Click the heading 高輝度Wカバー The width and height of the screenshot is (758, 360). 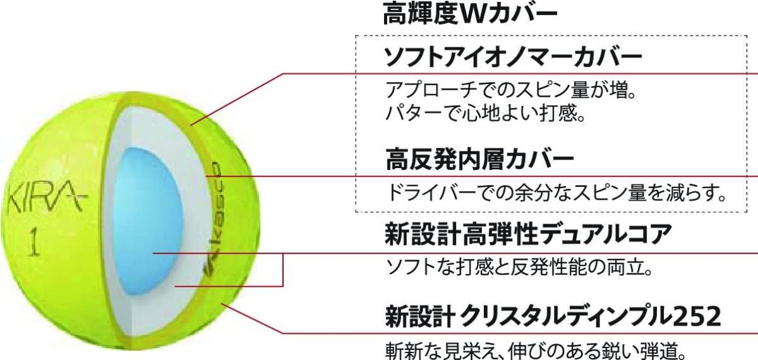pyautogui.click(x=471, y=15)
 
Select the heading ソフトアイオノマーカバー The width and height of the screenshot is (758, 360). pyautogui.click(x=513, y=58)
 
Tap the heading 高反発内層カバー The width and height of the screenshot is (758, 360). pyautogui.click(x=479, y=159)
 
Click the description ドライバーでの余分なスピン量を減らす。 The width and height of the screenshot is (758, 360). pyautogui.click(x=556, y=190)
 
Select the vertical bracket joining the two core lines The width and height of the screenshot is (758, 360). pyautogui.click(x=282, y=270)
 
